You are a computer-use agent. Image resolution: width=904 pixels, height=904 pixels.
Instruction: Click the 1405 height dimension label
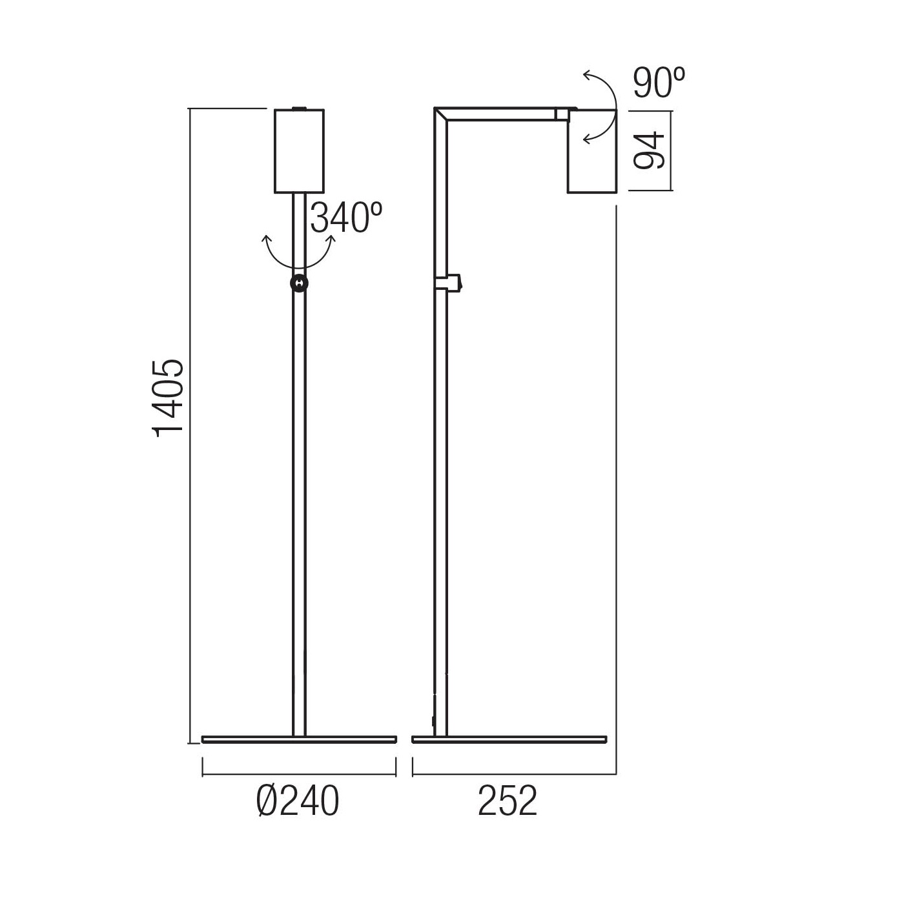click(x=168, y=398)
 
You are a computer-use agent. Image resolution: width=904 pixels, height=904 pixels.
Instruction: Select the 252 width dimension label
click(x=507, y=801)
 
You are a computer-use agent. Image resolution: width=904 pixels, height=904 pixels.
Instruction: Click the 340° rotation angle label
click(x=346, y=218)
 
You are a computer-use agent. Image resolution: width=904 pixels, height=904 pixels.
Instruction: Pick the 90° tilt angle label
click(x=659, y=83)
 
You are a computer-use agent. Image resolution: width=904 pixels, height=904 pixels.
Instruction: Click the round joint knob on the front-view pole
click(x=300, y=283)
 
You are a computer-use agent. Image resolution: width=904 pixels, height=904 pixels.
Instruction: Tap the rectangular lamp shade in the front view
click(x=300, y=150)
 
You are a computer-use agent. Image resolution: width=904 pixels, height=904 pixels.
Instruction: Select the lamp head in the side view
click(x=591, y=150)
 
